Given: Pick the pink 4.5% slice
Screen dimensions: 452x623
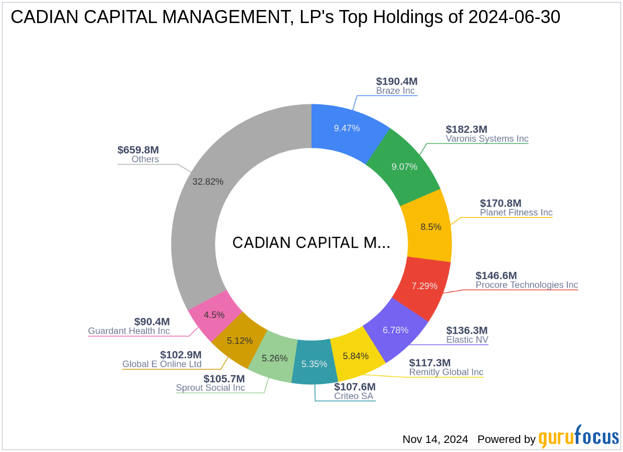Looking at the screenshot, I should click(x=214, y=315).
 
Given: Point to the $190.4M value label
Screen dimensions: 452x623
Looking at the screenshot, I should click(x=396, y=81).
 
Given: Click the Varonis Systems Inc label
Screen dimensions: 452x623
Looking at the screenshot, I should click(x=487, y=139).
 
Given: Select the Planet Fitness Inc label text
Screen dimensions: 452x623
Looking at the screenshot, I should click(x=516, y=212).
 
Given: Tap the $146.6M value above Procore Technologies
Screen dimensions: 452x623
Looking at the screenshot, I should click(x=496, y=276).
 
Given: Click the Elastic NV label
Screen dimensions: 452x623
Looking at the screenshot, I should click(x=467, y=340).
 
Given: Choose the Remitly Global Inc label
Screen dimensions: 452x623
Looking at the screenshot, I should click(x=446, y=372).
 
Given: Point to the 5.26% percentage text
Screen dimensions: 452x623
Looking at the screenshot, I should click(x=275, y=358).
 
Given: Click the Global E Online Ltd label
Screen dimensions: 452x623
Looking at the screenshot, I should click(x=162, y=364).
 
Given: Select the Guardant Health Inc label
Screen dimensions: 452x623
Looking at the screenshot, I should click(x=129, y=331).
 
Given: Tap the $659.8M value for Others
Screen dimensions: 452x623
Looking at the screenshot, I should click(x=138, y=150).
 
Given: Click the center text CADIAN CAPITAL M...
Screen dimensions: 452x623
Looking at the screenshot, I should click(x=311, y=243).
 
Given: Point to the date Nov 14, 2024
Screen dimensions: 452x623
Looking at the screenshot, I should click(x=435, y=439).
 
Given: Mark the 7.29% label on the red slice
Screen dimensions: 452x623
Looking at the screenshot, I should click(x=424, y=286).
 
